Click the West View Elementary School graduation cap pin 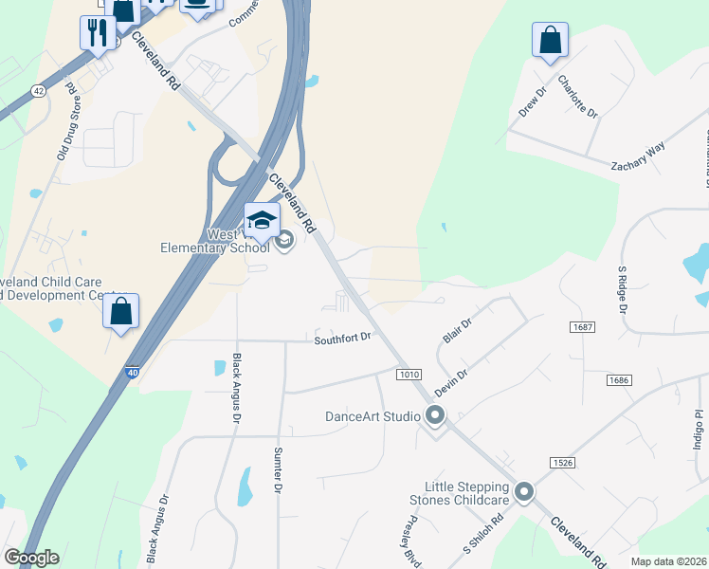click(263, 222)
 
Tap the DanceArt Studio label click(373, 415)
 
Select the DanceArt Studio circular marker click(435, 415)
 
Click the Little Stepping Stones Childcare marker click(524, 492)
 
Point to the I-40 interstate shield click(132, 374)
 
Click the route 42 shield click(38, 90)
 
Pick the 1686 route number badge click(619, 379)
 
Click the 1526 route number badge click(561, 462)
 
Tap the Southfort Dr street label click(341, 338)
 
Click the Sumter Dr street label click(278, 469)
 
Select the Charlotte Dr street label click(578, 97)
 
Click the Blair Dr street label click(457, 331)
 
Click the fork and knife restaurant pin click(98, 34)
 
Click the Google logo click(31, 558)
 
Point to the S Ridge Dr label click(623, 289)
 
